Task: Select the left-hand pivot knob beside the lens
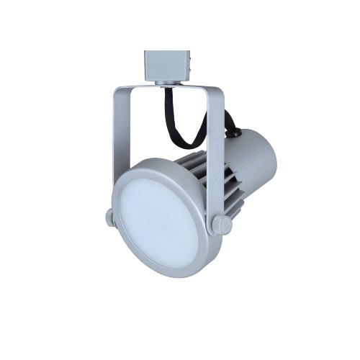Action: pyautogui.click(x=108, y=217)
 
